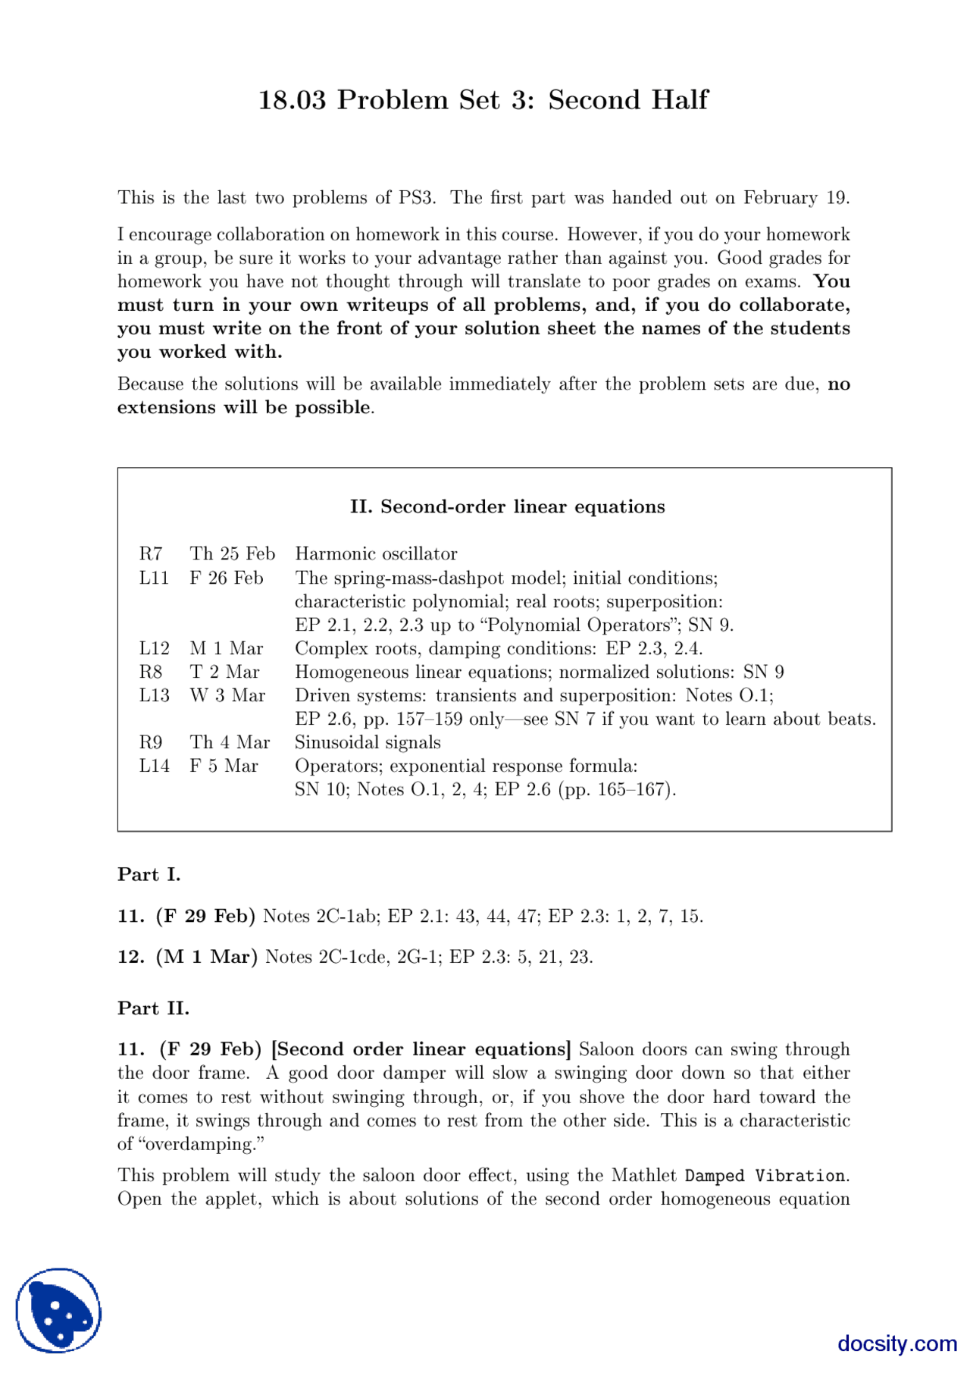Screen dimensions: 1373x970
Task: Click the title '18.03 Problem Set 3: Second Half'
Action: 483,100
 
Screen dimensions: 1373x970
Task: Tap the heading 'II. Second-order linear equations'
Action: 507,507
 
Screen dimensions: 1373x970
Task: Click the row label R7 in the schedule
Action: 151,554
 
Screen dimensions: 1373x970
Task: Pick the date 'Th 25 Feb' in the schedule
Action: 232,554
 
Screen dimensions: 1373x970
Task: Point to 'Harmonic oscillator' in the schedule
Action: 376,554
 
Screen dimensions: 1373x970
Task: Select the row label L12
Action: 154,649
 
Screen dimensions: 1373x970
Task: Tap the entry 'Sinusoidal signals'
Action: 368,743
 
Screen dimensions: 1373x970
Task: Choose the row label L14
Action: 154,766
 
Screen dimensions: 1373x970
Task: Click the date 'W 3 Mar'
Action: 227,696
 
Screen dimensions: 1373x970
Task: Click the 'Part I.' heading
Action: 149,875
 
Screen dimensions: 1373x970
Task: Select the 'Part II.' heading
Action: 153,1008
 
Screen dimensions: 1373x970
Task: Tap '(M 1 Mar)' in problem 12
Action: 207,957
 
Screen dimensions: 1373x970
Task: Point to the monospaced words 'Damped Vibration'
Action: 765,1176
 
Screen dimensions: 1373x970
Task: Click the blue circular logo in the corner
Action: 58,1310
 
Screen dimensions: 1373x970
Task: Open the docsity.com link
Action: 896,1343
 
